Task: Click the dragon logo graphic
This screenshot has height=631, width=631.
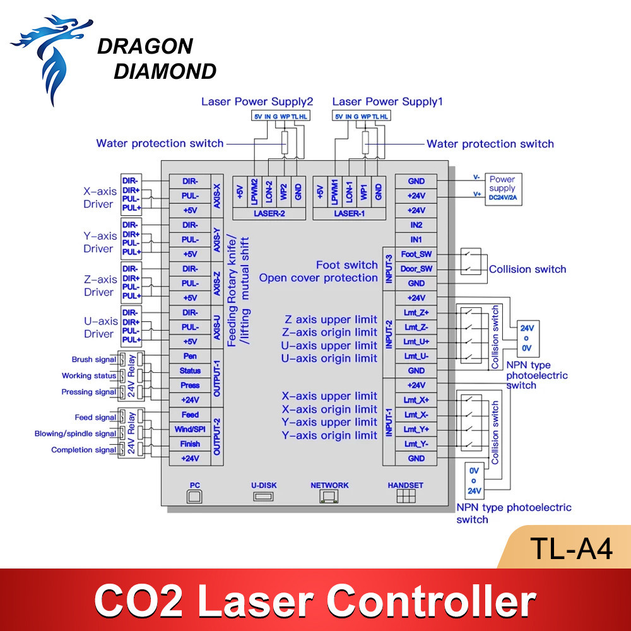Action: [53, 57]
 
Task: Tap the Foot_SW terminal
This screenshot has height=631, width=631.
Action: [416, 254]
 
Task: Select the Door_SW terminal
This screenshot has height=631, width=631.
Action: [416, 269]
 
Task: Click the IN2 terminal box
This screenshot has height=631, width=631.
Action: [416, 225]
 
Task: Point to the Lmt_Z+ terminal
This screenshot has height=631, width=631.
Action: [416, 312]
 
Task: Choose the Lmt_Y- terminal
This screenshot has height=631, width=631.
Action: [416, 444]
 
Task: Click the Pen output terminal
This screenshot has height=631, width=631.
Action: [189, 357]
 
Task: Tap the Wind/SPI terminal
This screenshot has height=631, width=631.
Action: [189, 429]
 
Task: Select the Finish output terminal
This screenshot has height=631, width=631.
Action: [189, 444]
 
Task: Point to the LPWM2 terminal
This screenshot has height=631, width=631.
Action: [254, 191]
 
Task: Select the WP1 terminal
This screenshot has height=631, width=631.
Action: [363, 191]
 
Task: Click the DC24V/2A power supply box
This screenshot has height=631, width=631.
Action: [502, 188]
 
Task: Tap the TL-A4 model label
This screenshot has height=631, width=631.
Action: [571, 549]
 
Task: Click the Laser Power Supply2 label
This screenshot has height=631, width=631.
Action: [257, 102]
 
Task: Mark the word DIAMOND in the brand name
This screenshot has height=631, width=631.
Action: [165, 71]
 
